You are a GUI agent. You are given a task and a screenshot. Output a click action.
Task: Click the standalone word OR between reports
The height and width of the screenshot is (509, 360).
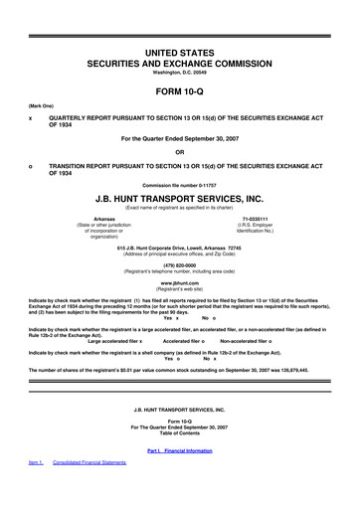click(179, 151)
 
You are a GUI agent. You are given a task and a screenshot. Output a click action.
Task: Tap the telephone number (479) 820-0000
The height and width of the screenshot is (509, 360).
click(179, 265)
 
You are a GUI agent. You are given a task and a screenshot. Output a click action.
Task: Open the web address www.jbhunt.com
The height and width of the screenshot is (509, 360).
click(179, 282)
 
